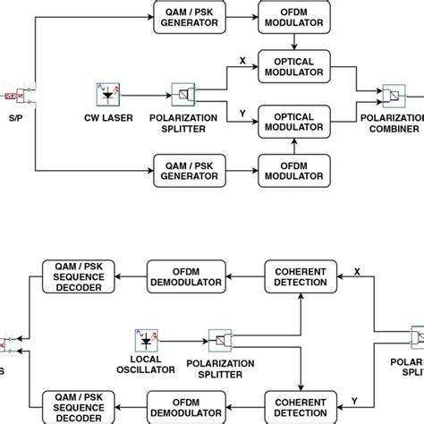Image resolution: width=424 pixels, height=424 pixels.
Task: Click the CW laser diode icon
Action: click(107, 93)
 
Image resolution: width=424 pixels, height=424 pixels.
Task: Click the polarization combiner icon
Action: click(392, 93)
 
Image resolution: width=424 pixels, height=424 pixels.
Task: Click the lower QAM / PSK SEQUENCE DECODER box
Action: click(75, 403)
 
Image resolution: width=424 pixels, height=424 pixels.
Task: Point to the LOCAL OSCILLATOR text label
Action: click(144, 365)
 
